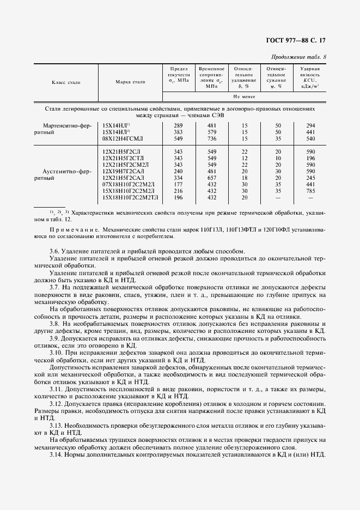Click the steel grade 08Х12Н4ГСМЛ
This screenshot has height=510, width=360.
click(x=124, y=139)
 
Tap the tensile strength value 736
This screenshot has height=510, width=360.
click(x=211, y=139)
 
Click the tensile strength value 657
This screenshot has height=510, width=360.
click(x=211, y=178)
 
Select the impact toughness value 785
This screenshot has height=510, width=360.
click(x=309, y=191)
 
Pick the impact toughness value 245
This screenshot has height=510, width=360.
click(x=309, y=178)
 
